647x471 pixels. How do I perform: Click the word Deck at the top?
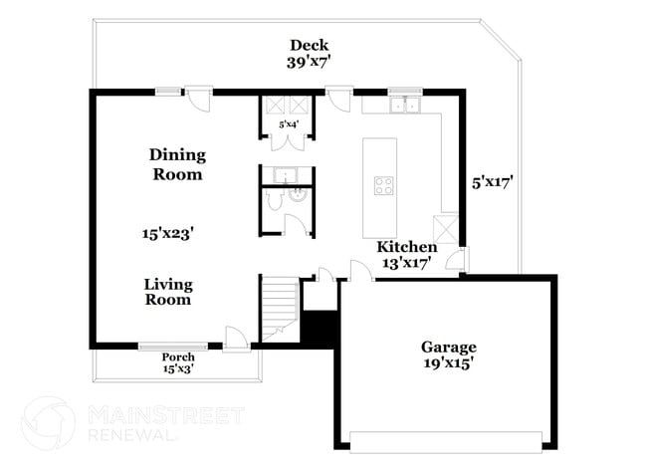click(309, 45)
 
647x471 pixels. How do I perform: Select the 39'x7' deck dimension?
click(309, 62)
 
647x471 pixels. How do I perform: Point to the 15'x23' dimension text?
click(166, 233)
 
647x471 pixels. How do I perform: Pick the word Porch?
click(178, 357)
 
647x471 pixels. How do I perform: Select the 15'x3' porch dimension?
click(178, 369)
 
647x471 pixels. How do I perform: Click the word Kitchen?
click(406, 247)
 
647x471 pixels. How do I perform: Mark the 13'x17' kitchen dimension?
click(406, 264)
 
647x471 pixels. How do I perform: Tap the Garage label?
click(448, 348)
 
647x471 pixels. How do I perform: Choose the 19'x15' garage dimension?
click(448, 363)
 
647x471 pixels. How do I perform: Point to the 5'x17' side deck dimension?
click(492, 182)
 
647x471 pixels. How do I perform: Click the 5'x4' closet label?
click(289, 124)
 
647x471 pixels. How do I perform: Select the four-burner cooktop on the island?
click(383, 184)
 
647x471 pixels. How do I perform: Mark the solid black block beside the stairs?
click(320, 329)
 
